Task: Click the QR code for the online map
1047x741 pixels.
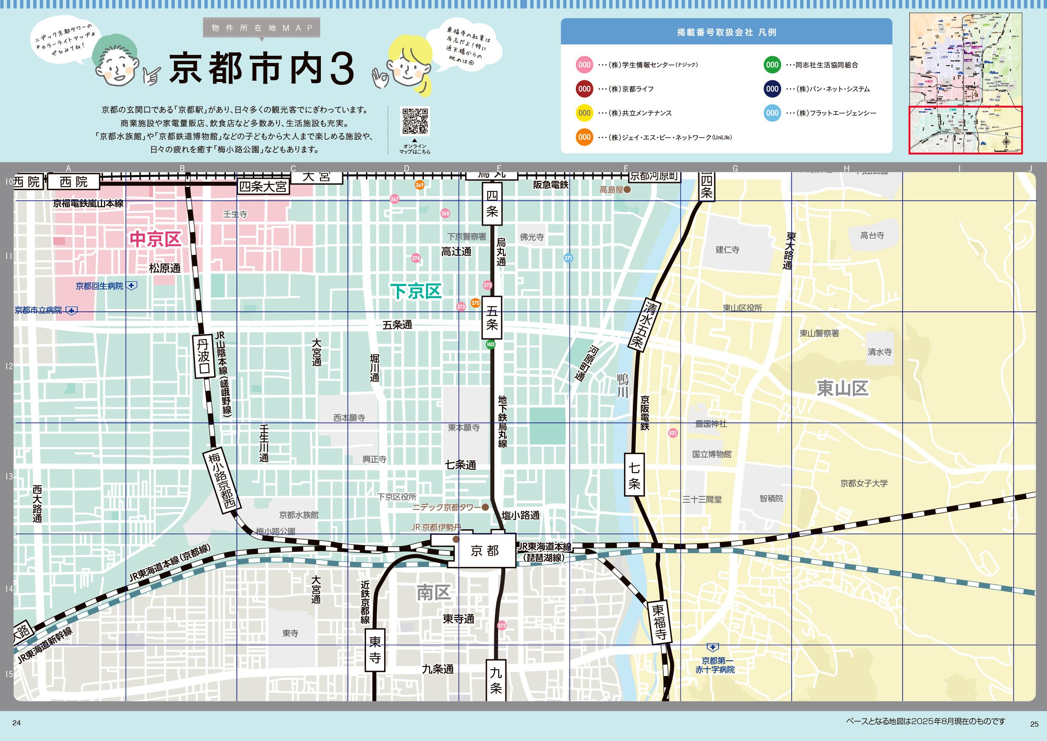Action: click(415, 121)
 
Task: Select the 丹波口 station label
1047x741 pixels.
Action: click(203, 357)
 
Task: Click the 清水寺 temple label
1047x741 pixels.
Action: click(879, 352)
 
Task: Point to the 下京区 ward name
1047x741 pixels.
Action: click(415, 291)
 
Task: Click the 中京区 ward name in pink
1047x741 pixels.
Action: click(155, 239)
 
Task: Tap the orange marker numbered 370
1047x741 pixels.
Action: click(475, 303)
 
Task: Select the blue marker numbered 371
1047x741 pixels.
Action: click(568, 258)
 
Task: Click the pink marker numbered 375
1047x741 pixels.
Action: click(502, 626)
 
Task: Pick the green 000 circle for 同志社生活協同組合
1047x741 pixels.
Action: click(772, 65)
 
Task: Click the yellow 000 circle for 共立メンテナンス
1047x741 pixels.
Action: click(584, 113)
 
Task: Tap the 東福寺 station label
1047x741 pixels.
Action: click(659, 622)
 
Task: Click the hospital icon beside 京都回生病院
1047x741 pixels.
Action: click(131, 286)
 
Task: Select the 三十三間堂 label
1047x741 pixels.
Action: click(702, 500)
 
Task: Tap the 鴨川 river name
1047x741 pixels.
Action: click(622, 386)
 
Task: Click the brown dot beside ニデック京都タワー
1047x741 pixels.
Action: click(485, 507)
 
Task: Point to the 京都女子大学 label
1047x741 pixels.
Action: click(864, 483)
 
